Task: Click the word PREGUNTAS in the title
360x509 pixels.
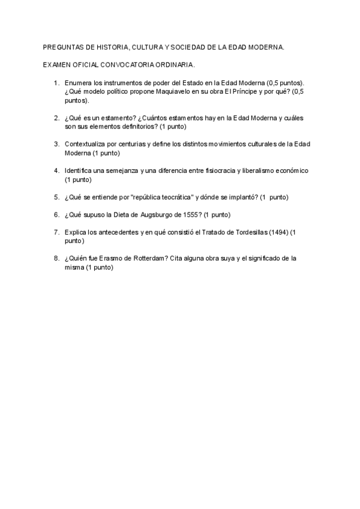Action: pos(63,47)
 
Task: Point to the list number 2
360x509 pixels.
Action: pos(56,118)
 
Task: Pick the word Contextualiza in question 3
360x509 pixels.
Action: pos(85,145)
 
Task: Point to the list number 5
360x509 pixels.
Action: pos(56,197)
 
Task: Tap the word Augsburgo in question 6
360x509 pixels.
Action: pos(150,215)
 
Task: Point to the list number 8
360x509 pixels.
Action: pos(56,259)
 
